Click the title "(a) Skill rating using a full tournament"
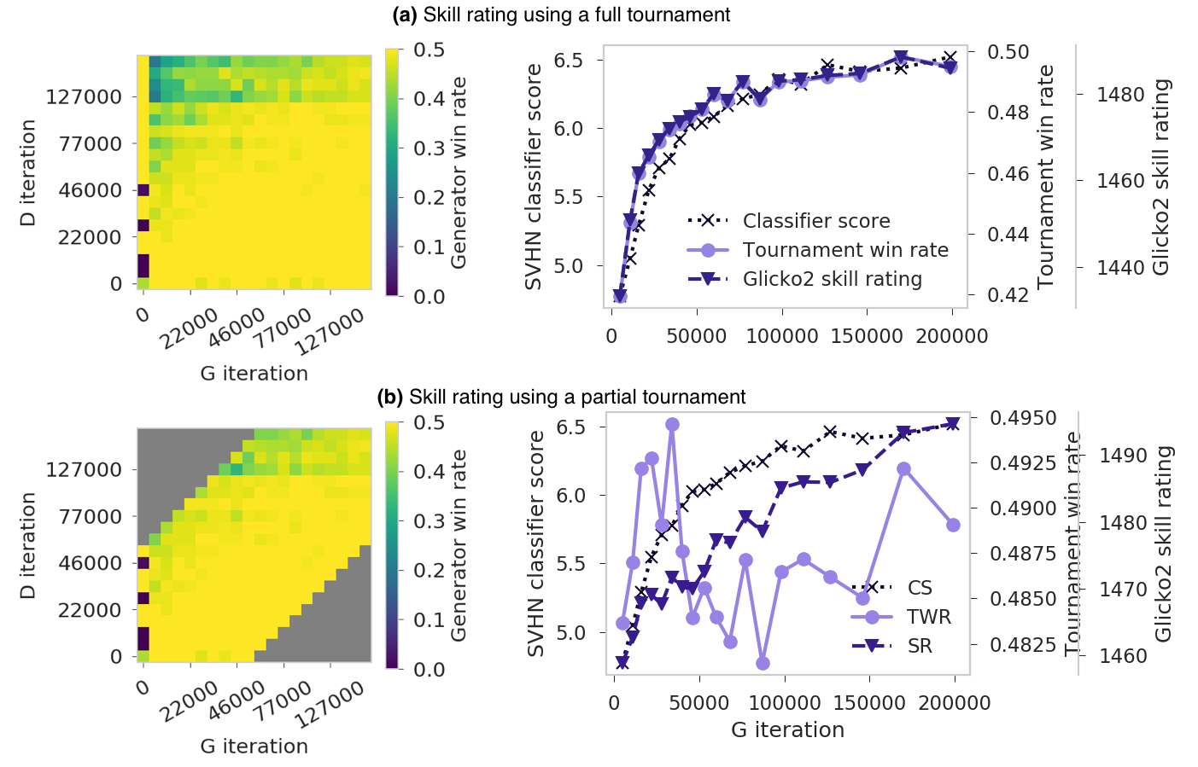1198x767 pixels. click(x=561, y=15)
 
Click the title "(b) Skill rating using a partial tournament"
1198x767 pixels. click(x=561, y=397)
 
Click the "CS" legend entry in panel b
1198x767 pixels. click(x=920, y=588)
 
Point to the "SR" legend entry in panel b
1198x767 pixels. click(x=920, y=646)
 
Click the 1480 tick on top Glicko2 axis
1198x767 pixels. click(x=1120, y=94)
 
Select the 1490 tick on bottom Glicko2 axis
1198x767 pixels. click(x=1123, y=456)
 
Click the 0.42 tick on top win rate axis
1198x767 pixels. click(x=1008, y=295)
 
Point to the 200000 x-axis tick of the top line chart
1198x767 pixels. click(x=952, y=336)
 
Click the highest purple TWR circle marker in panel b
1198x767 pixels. click(x=672, y=425)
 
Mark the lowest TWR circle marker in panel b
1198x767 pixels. click(x=763, y=663)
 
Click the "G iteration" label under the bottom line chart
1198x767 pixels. click(x=787, y=730)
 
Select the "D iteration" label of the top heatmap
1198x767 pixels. click(x=28, y=172)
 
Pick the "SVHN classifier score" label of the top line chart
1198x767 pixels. click(x=534, y=177)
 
